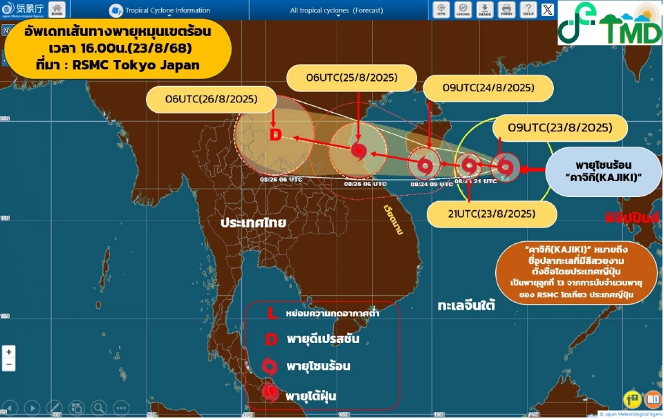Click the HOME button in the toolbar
[57, 10]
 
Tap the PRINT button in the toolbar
[506, 10]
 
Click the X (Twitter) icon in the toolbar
[548, 10]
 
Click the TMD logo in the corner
[610, 23]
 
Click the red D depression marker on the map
[275, 134]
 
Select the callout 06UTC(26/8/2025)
[211, 100]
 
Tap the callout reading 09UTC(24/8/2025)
[488, 88]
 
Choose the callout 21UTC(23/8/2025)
[492, 214]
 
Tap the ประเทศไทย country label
[254, 223]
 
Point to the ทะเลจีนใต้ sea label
[466, 305]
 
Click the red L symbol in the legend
[272, 314]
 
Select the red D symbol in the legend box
[272, 339]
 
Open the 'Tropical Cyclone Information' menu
[160, 10]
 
